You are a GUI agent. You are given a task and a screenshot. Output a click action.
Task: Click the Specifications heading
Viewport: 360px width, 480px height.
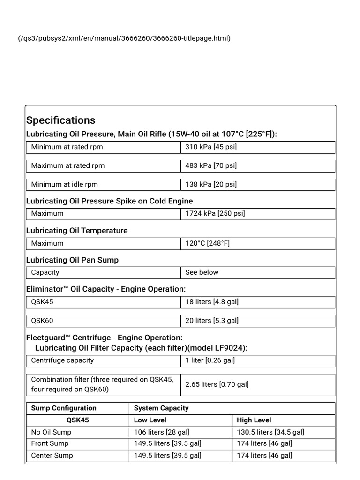pyautogui.click(x=61, y=120)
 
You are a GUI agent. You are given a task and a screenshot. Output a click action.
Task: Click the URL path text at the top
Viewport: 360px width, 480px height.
pyautogui.click(x=124, y=38)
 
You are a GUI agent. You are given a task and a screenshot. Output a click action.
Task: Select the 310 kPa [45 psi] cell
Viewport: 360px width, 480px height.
pyautogui.click(x=211, y=147)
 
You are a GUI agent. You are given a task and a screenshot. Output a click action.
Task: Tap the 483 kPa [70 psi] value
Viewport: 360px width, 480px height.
pyautogui.click(x=211, y=166)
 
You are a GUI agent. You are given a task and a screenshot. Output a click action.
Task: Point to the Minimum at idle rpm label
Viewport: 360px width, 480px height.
pyautogui.click(x=65, y=185)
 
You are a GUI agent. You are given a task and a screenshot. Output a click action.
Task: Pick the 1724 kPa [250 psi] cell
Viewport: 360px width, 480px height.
pyautogui.click(x=215, y=214)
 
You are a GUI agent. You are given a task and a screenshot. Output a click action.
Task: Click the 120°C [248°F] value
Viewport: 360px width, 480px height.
pyautogui.click(x=207, y=244)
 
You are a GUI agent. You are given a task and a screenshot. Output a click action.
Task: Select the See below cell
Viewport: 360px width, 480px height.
pyautogui.click(x=202, y=273)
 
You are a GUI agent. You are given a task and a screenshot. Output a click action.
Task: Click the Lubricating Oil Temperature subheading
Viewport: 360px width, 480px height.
pyautogui.click(x=77, y=231)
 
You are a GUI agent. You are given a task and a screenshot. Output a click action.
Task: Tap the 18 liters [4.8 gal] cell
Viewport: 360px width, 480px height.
pyautogui.click(x=212, y=302)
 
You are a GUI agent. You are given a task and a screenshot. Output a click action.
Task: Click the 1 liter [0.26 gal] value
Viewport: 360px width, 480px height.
pyautogui.click(x=210, y=360)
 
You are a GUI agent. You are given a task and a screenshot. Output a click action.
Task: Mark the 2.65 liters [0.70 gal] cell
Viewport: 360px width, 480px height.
pyautogui.click(x=217, y=384)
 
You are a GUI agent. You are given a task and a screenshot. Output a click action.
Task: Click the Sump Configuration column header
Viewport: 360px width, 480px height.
pyautogui.click(x=64, y=408)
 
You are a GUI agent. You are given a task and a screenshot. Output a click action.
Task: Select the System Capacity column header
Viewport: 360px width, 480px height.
pyautogui.click(x=161, y=408)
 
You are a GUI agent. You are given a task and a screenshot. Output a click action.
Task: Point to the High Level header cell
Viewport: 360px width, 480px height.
pyautogui.click(x=254, y=420)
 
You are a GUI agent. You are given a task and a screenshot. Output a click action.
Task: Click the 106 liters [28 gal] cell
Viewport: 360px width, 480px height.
pyautogui.click(x=162, y=432)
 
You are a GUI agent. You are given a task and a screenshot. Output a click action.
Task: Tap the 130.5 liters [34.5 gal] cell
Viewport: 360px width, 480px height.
pyautogui.click(x=270, y=432)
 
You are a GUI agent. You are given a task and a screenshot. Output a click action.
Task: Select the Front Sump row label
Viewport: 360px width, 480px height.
pyautogui.click(x=50, y=443)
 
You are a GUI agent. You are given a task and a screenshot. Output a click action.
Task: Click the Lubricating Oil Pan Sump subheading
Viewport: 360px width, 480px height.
pyautogui.click(x=72, y=260)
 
